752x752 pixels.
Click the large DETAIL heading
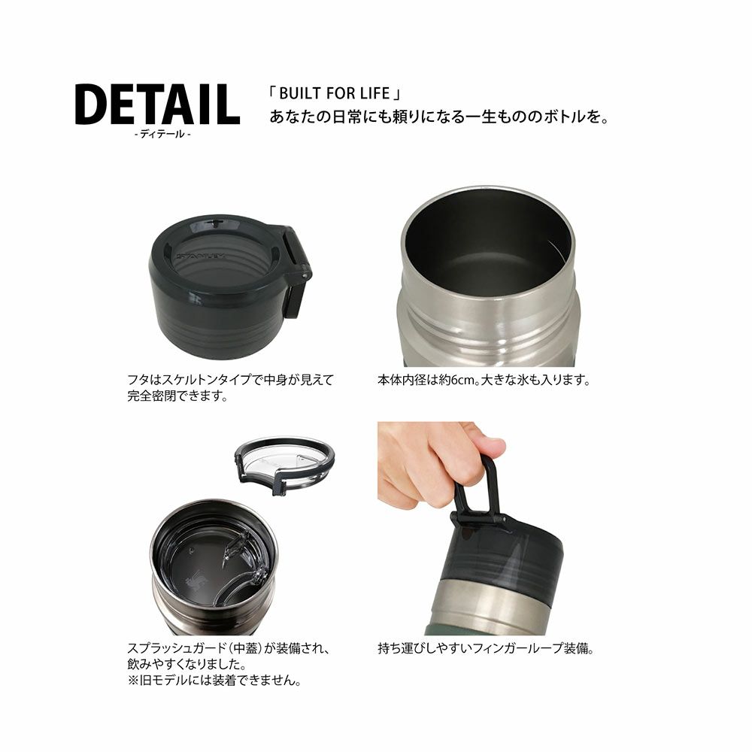point(157,105)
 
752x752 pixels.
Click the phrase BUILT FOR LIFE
point(335,93)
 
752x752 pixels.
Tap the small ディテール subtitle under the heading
point(162,135)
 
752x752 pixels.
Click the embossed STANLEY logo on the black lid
point(201,256)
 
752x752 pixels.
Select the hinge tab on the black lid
point(297,270)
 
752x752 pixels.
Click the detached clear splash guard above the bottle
point(284,463)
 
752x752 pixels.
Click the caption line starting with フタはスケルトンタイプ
point(229,381)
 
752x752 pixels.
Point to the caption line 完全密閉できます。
point(178,396)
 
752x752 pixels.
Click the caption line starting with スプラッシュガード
point(229,649)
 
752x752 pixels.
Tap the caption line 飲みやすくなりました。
point(187,666)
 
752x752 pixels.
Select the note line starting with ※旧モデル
point(215,681)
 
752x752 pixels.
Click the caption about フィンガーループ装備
point(486,649)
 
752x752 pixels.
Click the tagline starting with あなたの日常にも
point(439,117)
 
